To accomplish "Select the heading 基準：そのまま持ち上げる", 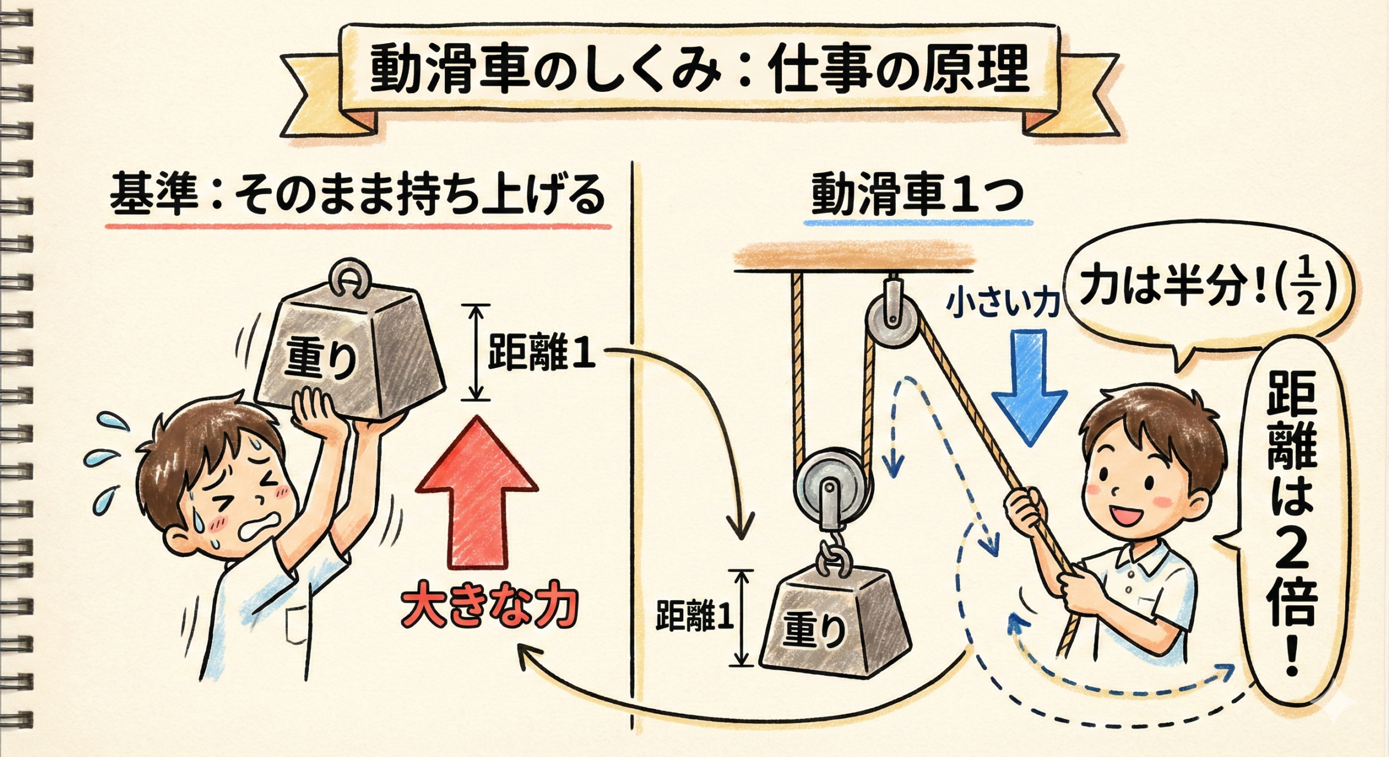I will [358, 195].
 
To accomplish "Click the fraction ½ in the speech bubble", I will [1304, 297].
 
